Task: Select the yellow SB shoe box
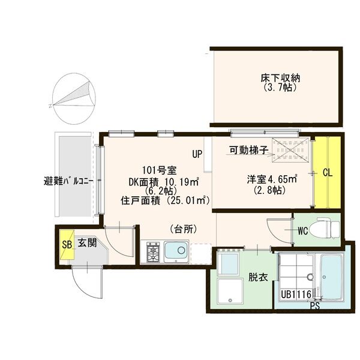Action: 67,244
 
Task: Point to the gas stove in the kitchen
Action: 152,252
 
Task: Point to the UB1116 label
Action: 295,295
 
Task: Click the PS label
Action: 315,306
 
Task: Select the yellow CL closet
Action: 327,172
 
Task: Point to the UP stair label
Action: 197,154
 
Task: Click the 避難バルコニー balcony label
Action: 68,179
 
